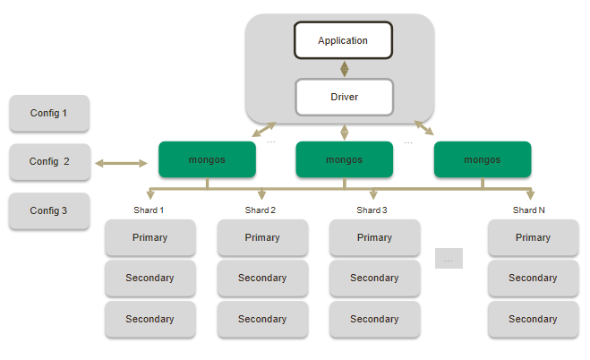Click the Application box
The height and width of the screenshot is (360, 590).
pos(344,41)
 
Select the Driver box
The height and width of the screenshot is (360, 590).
pos(344,97)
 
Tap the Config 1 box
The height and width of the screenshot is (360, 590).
pos(49,114)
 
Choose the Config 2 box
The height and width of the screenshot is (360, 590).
pos(49,162)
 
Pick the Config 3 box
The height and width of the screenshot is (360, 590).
pos(49,210)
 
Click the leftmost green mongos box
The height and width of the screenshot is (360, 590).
pos(207,159)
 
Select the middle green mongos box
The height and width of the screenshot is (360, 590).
pos(344,159)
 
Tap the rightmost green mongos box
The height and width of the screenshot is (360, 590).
pos(482,159)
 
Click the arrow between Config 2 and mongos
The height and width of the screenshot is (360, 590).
pos(121,163)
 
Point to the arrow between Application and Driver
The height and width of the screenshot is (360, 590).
pos(344,69)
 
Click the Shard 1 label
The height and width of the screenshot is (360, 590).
pos(149,210)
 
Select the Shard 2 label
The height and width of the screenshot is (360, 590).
pos(261,210)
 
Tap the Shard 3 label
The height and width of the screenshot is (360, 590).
pos(372,210)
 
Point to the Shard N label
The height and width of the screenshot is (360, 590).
pos(529,210)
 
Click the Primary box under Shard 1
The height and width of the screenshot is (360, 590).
pos(150,238)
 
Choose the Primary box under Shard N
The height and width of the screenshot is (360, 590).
pos(533,238)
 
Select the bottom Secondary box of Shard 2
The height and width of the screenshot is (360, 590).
pos(261,319)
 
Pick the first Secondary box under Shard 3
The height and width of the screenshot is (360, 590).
pos(374,279)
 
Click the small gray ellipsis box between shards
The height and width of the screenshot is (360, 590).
pos(449,259)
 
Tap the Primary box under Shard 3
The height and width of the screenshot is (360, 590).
pos(374,238)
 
